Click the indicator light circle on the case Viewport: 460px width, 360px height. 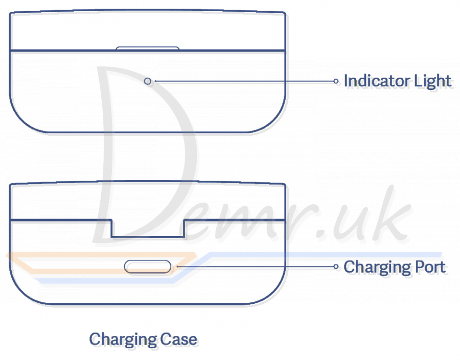(x=148, y=81)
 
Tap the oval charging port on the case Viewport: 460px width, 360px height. (x=148, y=267)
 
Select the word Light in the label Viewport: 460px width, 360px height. (x=432, y=81)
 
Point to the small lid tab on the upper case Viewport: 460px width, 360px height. (x=148, y=48)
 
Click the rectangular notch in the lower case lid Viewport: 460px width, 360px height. (x=148, y=228)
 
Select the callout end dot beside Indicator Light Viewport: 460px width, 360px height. (x=336, y=81)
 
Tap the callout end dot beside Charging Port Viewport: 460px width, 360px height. (x=336, y=267)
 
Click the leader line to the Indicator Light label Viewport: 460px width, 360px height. (x=244, y=81)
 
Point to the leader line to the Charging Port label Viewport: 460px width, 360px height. (x=256, y=267)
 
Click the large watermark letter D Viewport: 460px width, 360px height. (x=145, y=155)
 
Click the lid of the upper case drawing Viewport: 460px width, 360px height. (x=148, y=31)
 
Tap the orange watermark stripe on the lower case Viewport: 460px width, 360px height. (x=101, y=263)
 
